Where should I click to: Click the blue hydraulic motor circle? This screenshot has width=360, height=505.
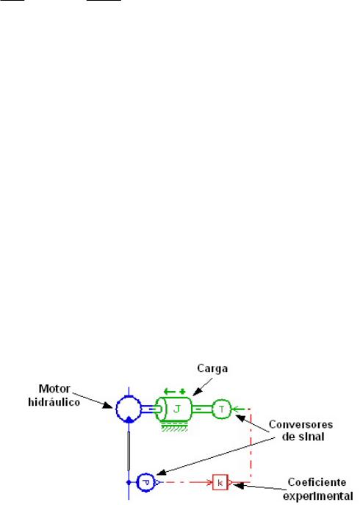[116, 409]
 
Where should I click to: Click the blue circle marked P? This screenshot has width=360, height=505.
[137, 482]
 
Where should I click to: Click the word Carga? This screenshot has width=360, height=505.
[212, 368]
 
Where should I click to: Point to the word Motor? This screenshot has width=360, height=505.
[54, 389]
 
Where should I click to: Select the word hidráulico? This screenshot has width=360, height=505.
[54, 402]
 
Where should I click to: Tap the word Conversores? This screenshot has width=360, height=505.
[300, 424]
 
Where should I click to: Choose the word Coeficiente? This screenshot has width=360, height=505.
[317, 482]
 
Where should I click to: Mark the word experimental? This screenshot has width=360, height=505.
[318, 496]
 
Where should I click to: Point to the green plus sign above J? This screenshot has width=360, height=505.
[183, 392]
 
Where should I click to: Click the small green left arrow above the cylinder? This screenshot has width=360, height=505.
[169, 392]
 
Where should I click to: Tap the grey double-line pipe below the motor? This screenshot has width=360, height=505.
[129, 451]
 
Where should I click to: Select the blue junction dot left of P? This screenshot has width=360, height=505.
[129, 482]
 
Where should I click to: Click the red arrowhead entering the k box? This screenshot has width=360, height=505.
[210, 482]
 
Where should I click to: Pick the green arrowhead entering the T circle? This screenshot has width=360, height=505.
[235, 409]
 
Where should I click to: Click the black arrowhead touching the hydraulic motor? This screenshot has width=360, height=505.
[107, 405]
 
